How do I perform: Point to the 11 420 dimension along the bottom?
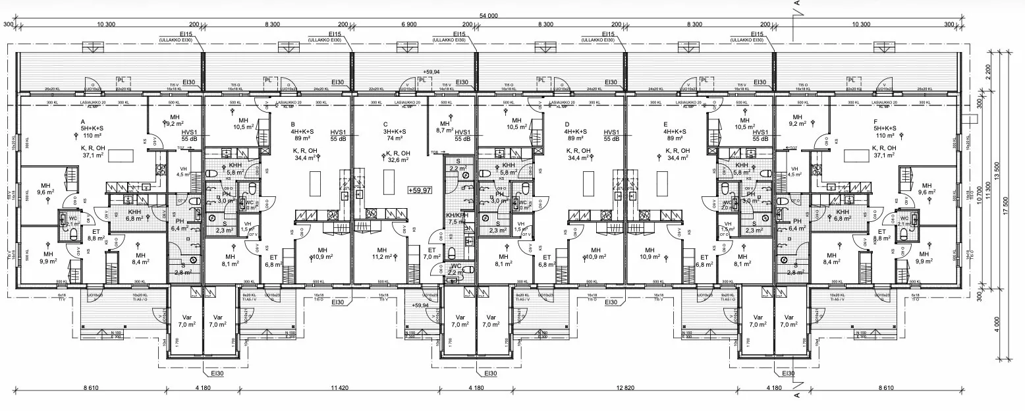(x=339, y=389)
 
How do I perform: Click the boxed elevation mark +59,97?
(x=420, y=190)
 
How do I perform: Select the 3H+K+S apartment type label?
(x=395, y=130)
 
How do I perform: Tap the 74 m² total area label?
(x=395, y=139)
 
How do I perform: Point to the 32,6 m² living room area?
(x=395, y=159)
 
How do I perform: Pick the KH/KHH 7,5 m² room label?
(x=457, y=219)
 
